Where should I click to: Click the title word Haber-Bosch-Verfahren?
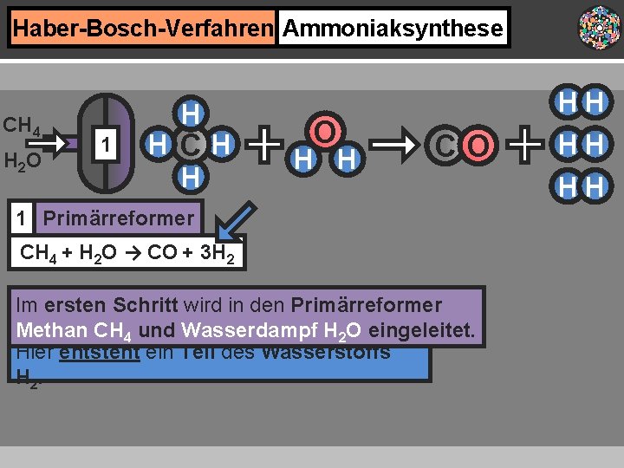143,28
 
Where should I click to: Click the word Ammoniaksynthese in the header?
393,28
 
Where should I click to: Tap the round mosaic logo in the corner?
600,28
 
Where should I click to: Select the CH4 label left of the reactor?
23,126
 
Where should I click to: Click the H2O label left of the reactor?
23,161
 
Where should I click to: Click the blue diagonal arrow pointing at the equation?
235,223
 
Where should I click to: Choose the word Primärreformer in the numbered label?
118,218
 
